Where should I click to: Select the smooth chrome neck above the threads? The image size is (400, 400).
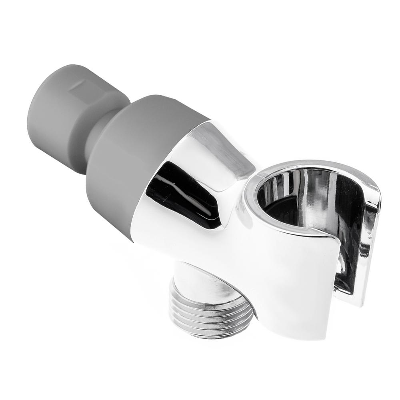tap(200, 280)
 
